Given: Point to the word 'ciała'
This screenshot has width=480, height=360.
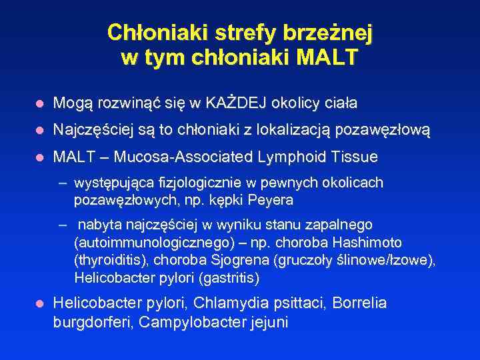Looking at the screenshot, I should point(339,103).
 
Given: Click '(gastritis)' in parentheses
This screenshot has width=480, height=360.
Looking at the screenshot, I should point(227,277).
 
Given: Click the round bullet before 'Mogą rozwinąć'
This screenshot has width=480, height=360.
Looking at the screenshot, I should point(39,104).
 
